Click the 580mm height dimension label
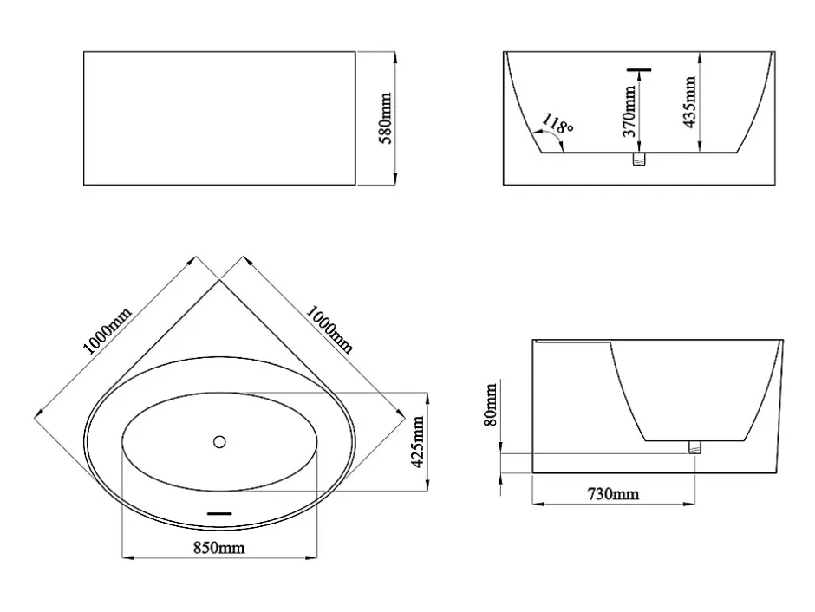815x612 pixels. click(386, 118)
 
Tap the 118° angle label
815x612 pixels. click(557, 124)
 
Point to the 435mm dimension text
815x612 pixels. click(689, 101)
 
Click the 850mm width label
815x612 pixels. click(218, 548)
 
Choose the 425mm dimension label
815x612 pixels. click(418, 441)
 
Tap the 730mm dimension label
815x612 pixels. click(613, 493)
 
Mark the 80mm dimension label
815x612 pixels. click(491, 405)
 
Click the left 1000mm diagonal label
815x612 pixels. click(108, 331)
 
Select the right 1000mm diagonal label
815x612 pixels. click(329, 329)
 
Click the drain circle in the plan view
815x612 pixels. click(219, 441)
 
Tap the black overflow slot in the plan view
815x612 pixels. click(219, 514)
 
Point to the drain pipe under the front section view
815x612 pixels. click(639, 159)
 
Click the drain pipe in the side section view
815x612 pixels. click(694, 446)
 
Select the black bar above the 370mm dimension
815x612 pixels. click(639, 69)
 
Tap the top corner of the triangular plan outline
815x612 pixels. click(219, 279)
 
